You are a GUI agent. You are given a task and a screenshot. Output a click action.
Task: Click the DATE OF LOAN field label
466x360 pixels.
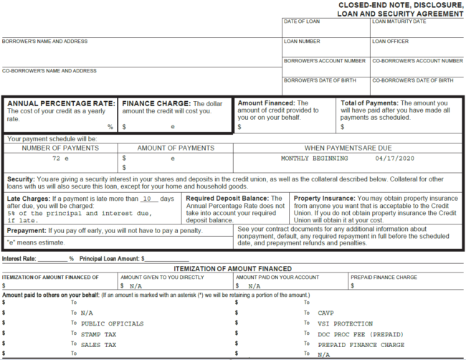pos(302,22)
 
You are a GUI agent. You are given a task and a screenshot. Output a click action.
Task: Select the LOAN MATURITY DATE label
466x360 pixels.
pos(399,22)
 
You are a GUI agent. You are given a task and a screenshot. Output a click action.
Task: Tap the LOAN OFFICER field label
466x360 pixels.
pos(391,42)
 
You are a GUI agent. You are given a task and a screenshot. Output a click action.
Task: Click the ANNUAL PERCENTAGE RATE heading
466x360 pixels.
pos(60,103)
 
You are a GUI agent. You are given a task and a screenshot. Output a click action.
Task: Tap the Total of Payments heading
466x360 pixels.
pos(369,103)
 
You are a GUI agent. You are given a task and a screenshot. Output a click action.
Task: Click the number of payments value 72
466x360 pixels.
pos(56,158)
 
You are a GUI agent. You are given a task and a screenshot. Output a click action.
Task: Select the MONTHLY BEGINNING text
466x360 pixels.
pos(315,158)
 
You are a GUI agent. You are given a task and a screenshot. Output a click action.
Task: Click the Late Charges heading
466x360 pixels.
pos(29,198)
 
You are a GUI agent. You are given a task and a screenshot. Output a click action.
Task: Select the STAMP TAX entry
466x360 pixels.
pos(98,334)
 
